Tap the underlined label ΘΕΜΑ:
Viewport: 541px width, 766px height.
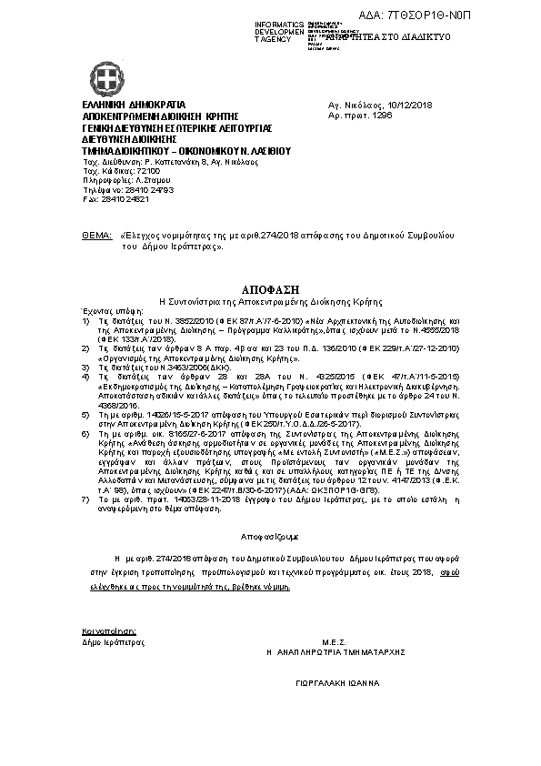pos(96,235)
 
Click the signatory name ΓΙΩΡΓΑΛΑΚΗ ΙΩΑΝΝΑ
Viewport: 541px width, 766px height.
pos(337,682)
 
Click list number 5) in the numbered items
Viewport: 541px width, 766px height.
pos(85,411)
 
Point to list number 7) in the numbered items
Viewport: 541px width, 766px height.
pos(85,500)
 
